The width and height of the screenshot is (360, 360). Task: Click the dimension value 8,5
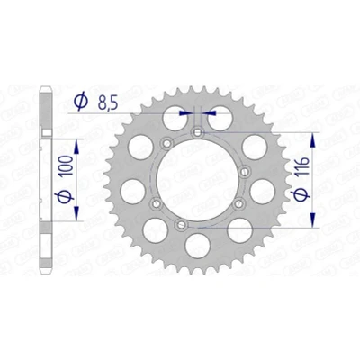point(107,103)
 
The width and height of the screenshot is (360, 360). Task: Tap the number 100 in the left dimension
point(68,166)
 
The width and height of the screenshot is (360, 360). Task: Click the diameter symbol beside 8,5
point(81,102)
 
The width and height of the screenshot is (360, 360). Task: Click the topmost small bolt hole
point(198,132)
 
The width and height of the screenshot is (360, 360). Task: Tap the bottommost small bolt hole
point(181,224)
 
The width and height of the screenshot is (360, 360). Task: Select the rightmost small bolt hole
point(245,172)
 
